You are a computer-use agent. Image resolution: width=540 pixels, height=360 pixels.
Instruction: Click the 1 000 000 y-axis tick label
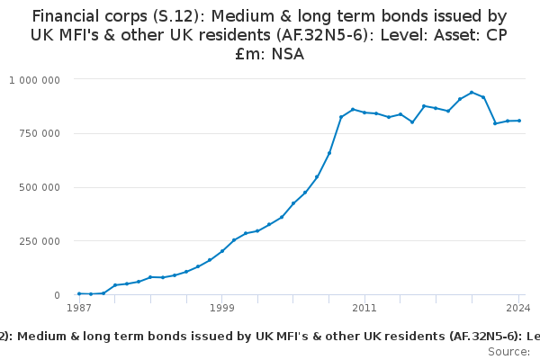[x=34, y=79]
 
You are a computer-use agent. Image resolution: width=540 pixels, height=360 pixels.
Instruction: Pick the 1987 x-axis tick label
[x=78, y=309]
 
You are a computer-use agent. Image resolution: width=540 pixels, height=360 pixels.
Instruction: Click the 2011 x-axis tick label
[x=364, y=309]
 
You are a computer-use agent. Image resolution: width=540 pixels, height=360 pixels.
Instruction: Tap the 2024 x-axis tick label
[x=518, y=309]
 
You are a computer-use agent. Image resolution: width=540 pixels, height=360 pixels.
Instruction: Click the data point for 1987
[x=79, y=293]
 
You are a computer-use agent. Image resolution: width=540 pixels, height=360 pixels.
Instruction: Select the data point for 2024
[x=519, y=121]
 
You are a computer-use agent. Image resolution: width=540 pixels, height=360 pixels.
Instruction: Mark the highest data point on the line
[x=472, y=92]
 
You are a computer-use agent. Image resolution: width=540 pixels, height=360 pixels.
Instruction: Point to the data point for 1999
[x=221, y=252]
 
